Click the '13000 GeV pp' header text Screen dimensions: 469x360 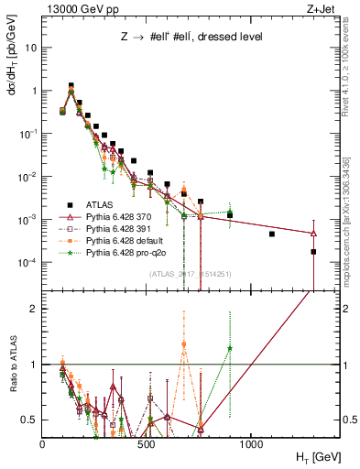[x=80, y=8]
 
